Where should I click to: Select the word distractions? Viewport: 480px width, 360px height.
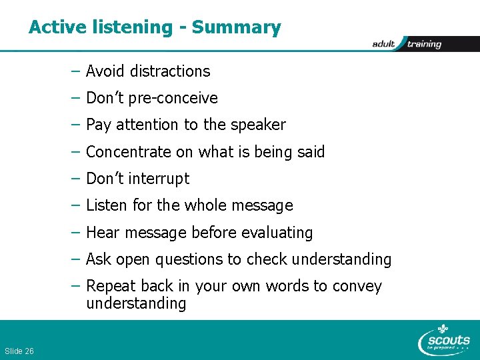point(170,71)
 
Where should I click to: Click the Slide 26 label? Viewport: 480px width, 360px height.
point(19,351)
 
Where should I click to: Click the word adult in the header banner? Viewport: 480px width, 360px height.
point(384,44)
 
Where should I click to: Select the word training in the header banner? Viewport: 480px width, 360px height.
point(424,44)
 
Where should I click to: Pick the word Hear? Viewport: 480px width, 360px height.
point(103,233)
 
